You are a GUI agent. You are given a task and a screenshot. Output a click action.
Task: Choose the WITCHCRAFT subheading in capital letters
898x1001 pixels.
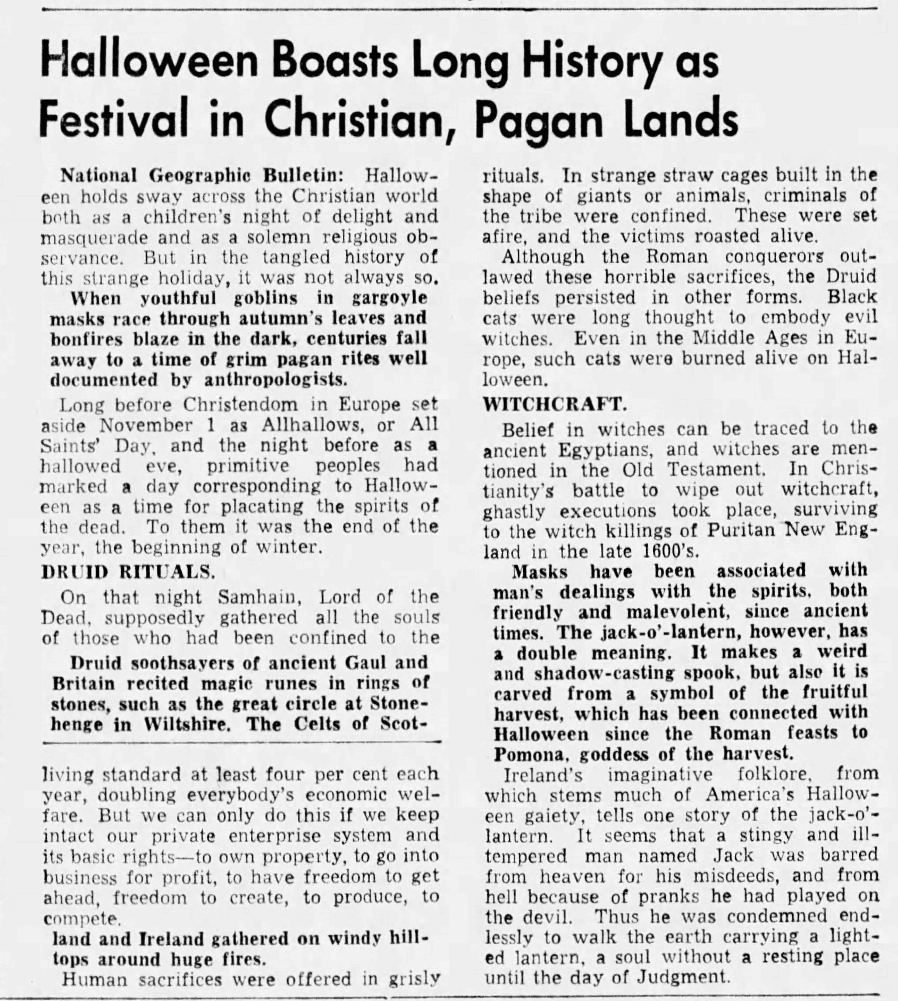tap(555, 404)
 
